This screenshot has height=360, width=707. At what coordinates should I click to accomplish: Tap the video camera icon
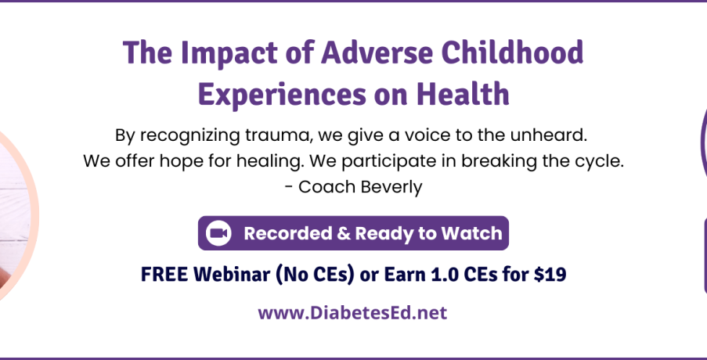coord(218,233)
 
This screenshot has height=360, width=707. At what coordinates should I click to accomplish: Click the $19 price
coord(550,275)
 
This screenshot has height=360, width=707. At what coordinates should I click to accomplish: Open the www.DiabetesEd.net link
coord(352,313)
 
